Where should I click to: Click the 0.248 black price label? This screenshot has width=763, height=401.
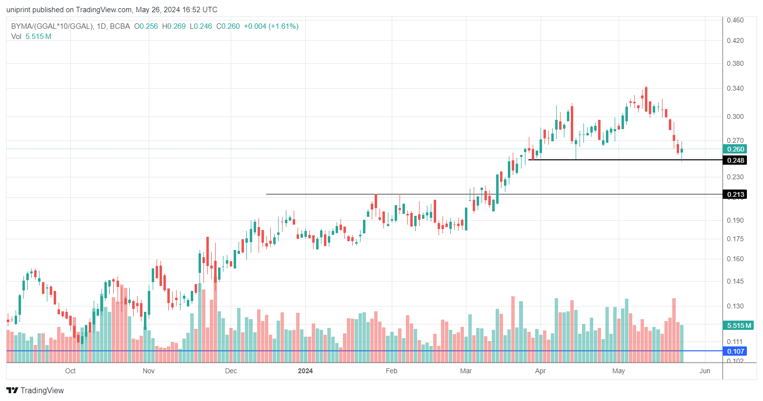click(x=736, y=160)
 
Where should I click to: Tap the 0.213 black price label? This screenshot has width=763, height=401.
click(x=736, y=195)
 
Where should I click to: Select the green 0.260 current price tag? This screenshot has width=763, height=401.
click(x=736, y=149)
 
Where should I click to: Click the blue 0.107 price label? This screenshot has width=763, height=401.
click(x=736, y=351)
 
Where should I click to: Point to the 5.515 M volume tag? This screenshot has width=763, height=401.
click(x=739, y=325)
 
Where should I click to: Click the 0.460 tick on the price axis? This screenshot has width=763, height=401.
click(x=735, y=20)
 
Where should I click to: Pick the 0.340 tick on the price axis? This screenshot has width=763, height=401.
click(x=735, y=88)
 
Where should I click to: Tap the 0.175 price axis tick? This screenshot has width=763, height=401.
click(x=735, y=239)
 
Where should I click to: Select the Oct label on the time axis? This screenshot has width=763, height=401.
click(x=70, y=371)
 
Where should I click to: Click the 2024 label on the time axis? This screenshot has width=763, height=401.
click(x=305, y=371)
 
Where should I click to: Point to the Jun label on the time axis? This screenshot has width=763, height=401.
click(x=704, y=371)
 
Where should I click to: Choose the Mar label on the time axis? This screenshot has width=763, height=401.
click(x=466, y=371)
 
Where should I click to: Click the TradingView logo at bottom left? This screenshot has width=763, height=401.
click(x=35, y=390)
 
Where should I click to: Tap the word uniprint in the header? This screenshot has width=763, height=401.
click(x=18, y=10)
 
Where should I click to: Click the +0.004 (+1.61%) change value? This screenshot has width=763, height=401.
click(x=271, y=26)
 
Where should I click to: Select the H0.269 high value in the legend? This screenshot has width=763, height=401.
click(x=174, y=26)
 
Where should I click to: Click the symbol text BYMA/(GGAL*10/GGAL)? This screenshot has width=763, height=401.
click(x=52, y=26)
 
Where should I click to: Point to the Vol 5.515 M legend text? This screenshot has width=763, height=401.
click(x=31, y=37)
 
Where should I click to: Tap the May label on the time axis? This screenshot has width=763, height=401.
click(x=619, y=371)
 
